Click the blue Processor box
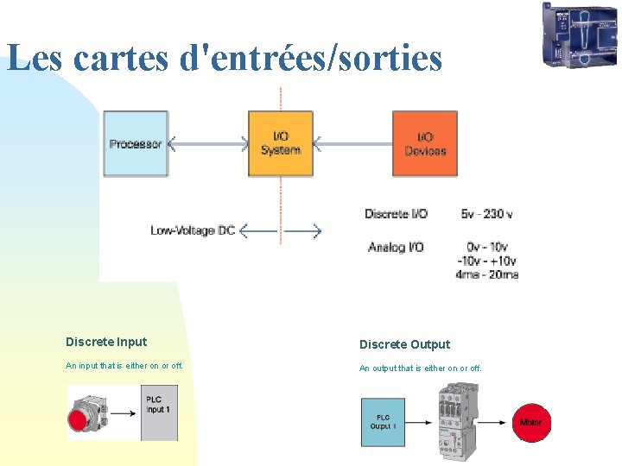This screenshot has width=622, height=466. tap(136, 144)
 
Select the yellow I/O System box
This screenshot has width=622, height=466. tap(281, 143)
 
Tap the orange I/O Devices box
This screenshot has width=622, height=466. tap(425, 143)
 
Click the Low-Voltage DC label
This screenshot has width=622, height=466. tap(193, 230)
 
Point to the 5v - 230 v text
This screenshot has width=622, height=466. tap(487, 213)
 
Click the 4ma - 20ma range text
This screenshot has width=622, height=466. tap(487, 274)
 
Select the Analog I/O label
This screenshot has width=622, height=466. tap(396, 248)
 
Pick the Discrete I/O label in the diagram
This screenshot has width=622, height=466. tap(396, 213)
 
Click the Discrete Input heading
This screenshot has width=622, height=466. tap(106, 342)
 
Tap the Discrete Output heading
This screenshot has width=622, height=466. tap(404, 344)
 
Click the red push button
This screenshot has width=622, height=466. tap(79, 419)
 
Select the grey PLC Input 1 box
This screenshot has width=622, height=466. tap(159, 412)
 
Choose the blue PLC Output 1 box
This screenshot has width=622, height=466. tap(383, 422)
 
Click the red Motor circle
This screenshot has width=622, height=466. tap(530, 422)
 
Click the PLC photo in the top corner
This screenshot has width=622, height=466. tap(580, 35)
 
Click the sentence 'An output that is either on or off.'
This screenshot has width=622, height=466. tap(421, 368)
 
